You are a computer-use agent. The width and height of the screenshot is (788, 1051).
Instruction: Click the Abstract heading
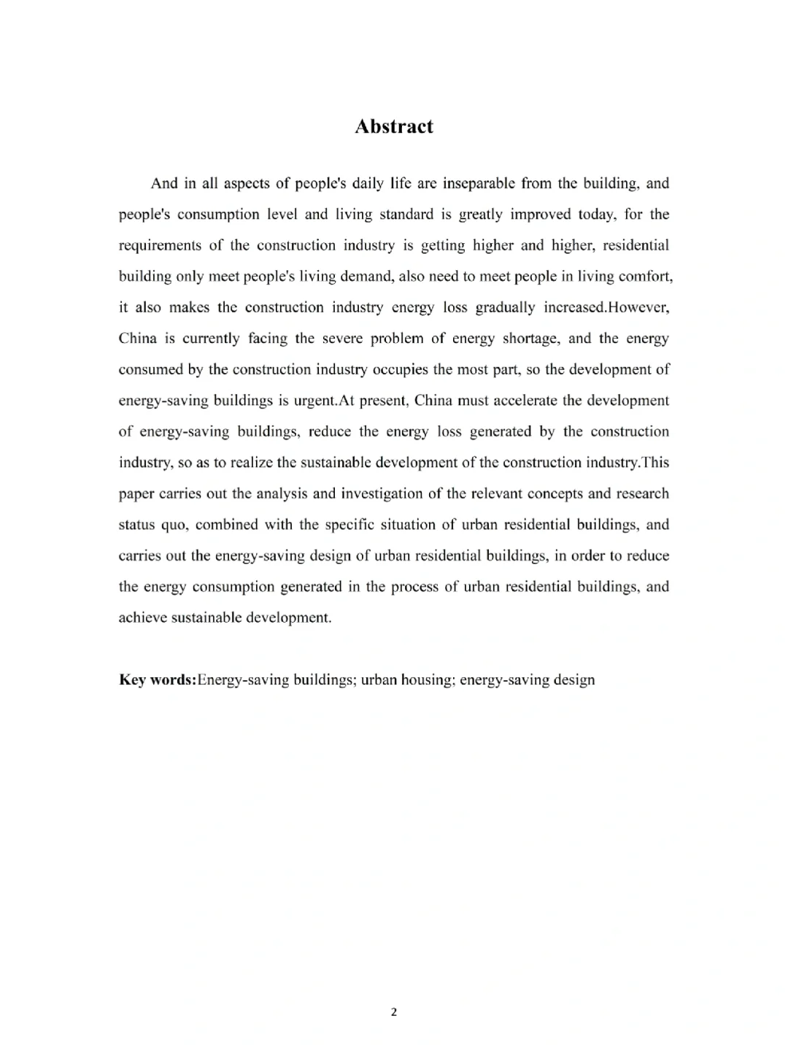(393, 126)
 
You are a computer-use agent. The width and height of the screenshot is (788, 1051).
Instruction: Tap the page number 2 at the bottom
(394, 1012)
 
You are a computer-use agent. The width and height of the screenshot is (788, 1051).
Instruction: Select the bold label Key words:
(158, 680)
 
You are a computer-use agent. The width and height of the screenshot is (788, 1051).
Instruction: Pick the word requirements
(160, 245)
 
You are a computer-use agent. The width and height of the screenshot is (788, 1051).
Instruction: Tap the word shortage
(530, 339)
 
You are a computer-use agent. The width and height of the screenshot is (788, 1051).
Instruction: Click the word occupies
(401, 369)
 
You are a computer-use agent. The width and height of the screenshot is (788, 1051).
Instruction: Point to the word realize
(252, 463)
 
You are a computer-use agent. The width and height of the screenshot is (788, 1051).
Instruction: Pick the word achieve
(142, 618)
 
